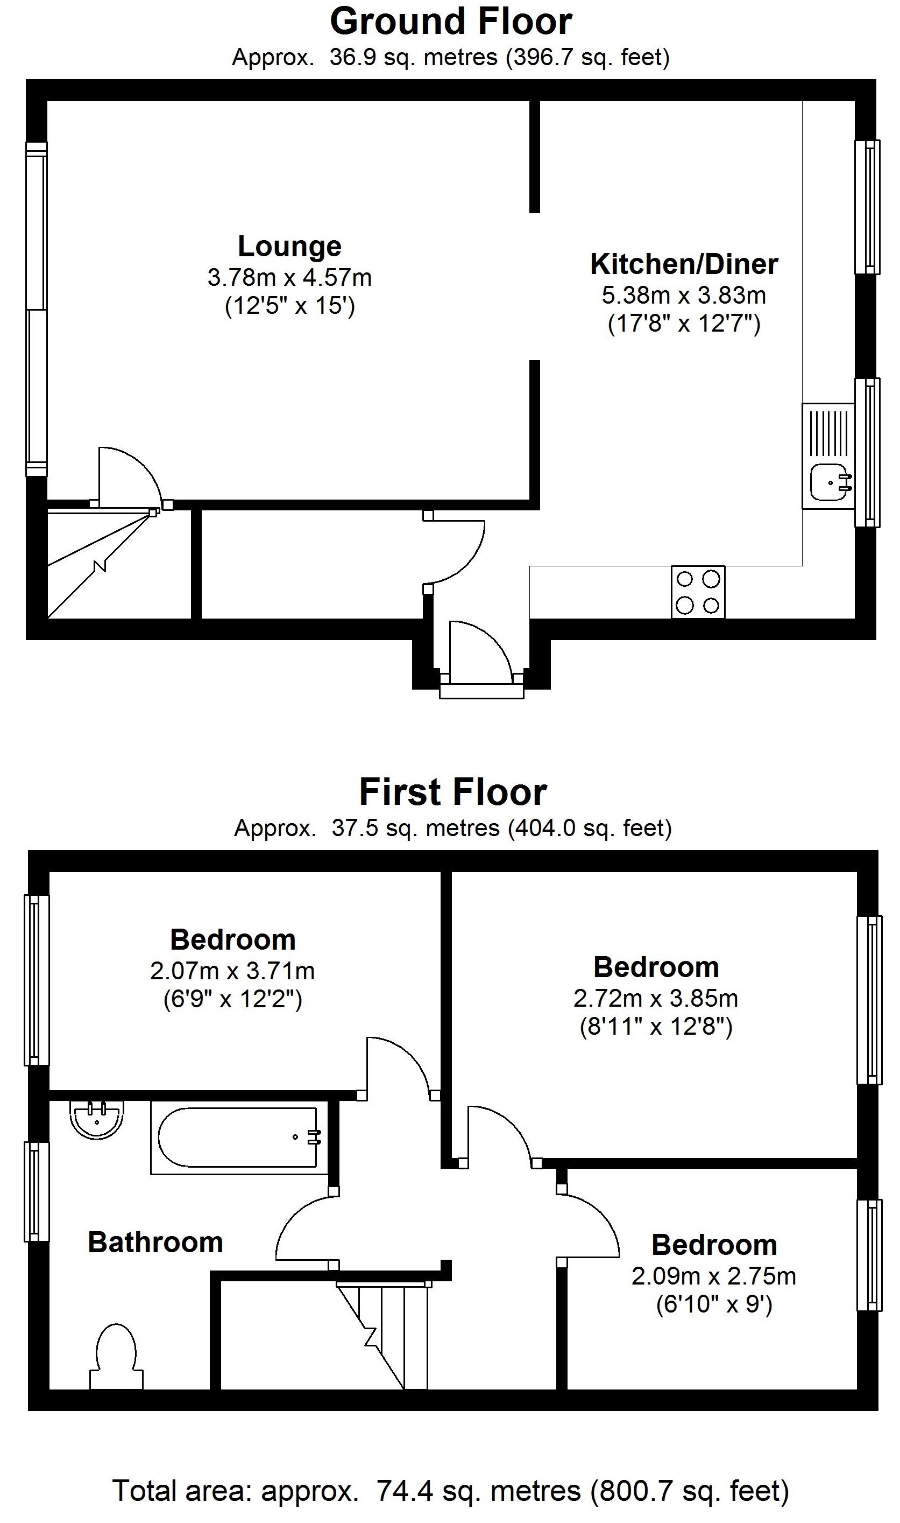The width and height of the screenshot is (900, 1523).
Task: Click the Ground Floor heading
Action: [451, 22]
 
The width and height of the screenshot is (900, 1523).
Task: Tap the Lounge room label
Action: [289, 247]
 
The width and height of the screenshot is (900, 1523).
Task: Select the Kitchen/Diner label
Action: [684, 264]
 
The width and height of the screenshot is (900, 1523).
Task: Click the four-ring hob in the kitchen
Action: [697, 592]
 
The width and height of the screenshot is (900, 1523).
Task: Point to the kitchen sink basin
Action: [828, 482]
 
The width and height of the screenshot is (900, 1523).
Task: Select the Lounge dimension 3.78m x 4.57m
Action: [289, 278]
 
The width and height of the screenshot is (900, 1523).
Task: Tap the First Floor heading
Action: [452, 792]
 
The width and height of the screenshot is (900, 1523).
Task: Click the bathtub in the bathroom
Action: [238, 1138]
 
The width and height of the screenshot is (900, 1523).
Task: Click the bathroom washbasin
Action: [97, 1119]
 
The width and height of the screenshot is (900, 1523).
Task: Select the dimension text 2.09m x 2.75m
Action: [713, 1276]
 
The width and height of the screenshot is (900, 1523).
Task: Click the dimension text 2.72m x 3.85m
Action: [655, 999]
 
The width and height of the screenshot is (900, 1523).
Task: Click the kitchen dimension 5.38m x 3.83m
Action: [684, 296]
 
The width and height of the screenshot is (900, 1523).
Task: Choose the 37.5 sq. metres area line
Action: [452, 828]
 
